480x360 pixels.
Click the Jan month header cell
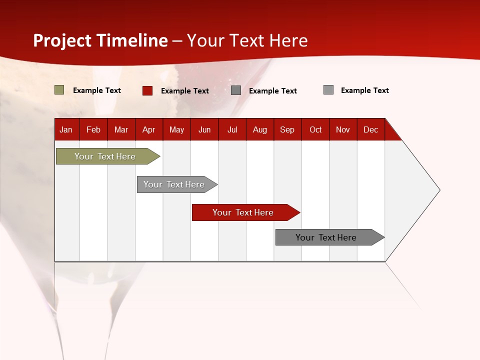point(66,129)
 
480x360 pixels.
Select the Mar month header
point(121,129)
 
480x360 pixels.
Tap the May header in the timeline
point(176,129)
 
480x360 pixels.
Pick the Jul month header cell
point(232,129)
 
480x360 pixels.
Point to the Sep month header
point(287,129)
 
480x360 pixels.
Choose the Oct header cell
point(315,129)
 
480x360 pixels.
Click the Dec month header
point(371,129)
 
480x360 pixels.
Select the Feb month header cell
point(93,129)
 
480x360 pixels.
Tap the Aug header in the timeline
point(260,129)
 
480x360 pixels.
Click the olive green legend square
point(59,90)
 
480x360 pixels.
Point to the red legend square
point(147,90)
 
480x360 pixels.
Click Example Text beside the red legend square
point(185,91)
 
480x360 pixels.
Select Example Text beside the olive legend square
point(97,90)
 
